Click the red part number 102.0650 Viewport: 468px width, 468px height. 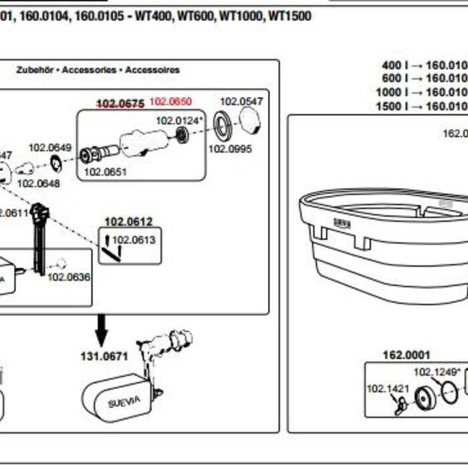click(171, 102)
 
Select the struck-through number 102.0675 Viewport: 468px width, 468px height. click(121, 103)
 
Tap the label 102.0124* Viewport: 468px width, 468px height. click(179, 120)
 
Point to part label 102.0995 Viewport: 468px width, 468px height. click(230, 148)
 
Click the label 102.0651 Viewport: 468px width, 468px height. click(105, 172)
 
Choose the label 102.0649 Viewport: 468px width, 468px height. click(49, 147)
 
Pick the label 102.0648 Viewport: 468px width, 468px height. click(38, 183)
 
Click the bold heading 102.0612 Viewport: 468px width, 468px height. click(128, 221)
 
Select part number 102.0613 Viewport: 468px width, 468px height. click(133, 240)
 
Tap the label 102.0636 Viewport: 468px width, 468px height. click(69, 277)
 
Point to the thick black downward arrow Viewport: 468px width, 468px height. click(102, 328)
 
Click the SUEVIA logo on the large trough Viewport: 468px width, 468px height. click(342, 223)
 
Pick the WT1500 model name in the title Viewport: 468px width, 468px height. click(289, 16)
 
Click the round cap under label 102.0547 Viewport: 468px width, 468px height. click(249, 122)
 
